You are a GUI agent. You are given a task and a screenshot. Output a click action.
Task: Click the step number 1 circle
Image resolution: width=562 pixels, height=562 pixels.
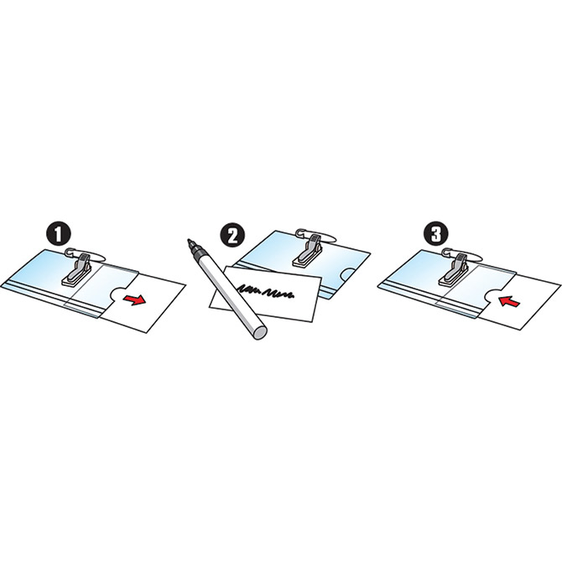click(58, 234)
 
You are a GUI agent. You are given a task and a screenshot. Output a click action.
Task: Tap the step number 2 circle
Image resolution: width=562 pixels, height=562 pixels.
click(233, 236)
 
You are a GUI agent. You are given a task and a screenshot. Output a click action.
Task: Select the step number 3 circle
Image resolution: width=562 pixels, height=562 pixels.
click(436, 234)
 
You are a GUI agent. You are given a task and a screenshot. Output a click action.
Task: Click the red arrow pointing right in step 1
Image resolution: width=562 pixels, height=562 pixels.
click(134, 299)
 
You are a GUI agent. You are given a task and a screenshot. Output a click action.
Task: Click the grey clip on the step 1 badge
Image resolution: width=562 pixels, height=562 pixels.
click(77, 270)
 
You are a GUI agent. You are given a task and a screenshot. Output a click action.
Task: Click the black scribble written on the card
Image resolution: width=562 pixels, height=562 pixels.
click(266, 291)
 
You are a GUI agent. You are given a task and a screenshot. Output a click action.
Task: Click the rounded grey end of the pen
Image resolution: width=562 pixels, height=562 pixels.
click(260, 333)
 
